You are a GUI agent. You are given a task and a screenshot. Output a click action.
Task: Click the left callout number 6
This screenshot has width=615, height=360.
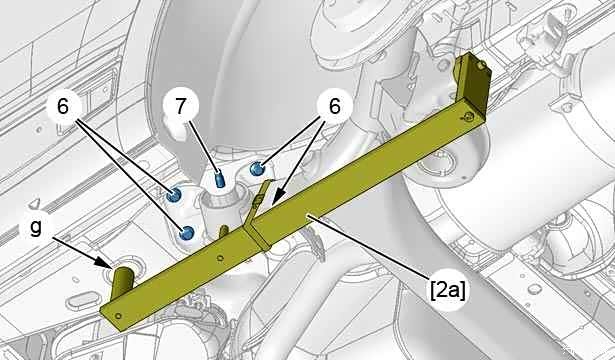tap(63, 106)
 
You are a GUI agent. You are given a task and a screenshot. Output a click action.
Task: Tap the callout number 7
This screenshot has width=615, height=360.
tap(180, 106)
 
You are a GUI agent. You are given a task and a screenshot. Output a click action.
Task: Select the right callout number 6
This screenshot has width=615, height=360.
tap(334, 106)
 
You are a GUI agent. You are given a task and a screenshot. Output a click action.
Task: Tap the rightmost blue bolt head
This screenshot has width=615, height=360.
tap(257, 169)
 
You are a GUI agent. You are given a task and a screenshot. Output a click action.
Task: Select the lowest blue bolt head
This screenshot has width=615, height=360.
tap(186, 233)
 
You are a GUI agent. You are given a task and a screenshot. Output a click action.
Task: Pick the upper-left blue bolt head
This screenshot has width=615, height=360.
tap(173, 195)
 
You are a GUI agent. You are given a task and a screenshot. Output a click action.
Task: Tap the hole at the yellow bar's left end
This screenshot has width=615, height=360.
tap(119, 316)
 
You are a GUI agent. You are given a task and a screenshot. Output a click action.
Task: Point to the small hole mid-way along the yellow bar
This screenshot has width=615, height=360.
tap(220, 258)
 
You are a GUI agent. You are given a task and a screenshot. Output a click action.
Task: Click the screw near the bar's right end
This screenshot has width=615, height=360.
tap(467, 116)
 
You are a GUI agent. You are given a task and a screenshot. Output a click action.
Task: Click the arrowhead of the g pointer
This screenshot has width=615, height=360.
tap(105, 262)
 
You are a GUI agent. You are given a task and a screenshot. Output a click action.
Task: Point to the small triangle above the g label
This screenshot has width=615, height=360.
tap(35, 203)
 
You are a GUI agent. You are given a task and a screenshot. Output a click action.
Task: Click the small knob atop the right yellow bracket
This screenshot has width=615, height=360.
tap(481, 65)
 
